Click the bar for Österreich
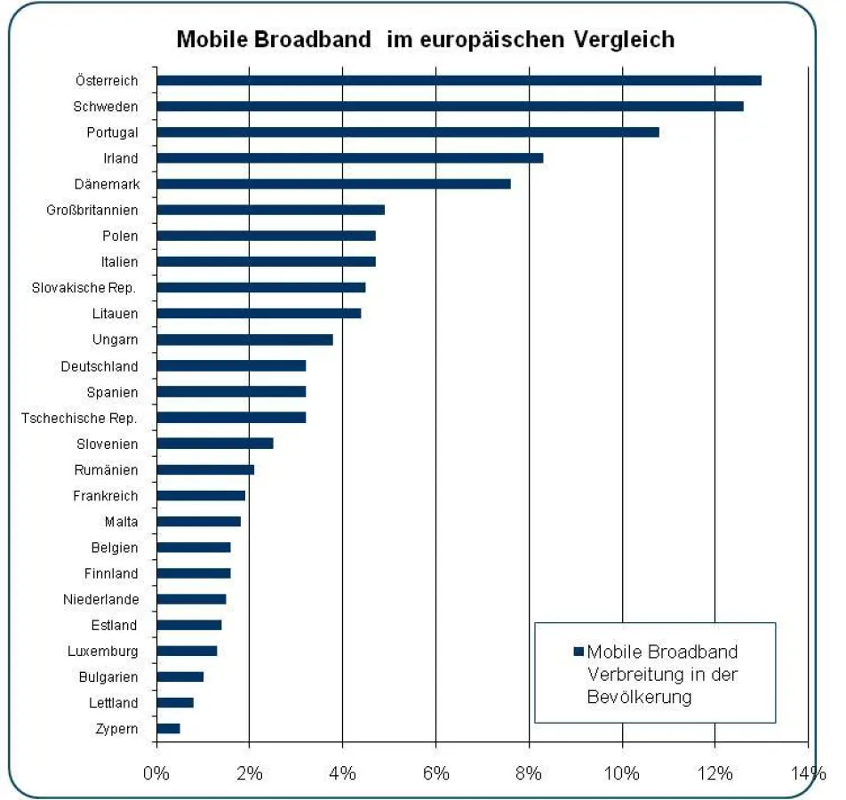click(459, 81)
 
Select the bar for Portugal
click(408, 132)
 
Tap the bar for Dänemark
click(333, 184)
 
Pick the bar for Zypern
click(168, 729)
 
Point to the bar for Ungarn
click(244, 340)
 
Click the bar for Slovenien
click(215, 444)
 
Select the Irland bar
click(349, 158)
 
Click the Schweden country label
click(106, 107)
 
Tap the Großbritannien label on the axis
click(92, 211)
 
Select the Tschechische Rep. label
click(79, 418)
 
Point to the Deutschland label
click(100, 366)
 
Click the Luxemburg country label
click(102, 652)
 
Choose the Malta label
click(121, 522)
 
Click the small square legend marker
click(579, 652)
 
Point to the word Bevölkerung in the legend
click(639, 697)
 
